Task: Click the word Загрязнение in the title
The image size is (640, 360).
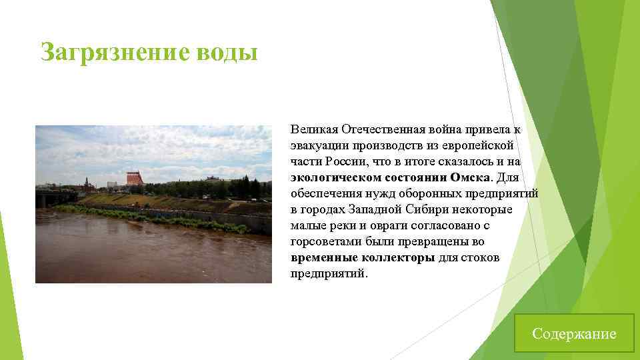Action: pos(106,52)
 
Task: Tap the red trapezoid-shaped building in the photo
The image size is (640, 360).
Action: pos(135,178)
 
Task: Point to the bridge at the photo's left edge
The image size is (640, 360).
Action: pos(53,197)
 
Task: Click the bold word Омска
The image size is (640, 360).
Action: pos(470,177)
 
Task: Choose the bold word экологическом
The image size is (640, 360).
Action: pos(336,177)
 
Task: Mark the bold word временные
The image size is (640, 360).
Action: pos(323,257)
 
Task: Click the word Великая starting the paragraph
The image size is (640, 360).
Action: pos(315,128)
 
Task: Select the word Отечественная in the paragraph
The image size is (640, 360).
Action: pos(385,128)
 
